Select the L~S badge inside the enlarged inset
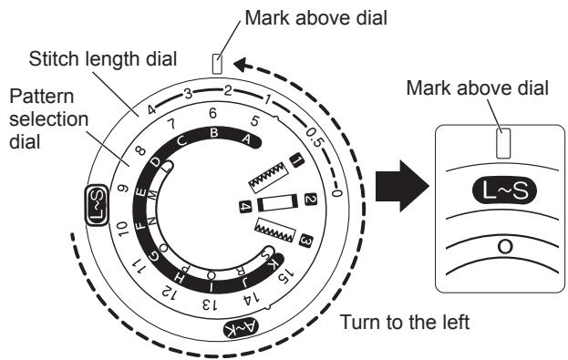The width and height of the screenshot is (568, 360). click(x=505, y=190)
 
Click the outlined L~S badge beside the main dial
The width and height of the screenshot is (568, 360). click(x=97, y=205)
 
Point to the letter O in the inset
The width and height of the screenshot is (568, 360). click(x=505, y=247)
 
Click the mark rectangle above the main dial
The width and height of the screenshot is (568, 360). click(x=217, y=64)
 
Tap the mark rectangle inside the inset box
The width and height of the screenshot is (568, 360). click(x=503, y=143)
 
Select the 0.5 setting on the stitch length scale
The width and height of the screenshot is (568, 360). click(x=314, y=138)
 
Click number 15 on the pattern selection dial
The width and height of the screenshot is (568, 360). click(x=284, y=276)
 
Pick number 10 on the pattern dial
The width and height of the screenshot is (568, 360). click(x=122, y=229)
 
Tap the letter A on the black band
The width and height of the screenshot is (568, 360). click(x=246, y=139)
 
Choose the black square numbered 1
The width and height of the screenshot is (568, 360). click(x=297, y=161)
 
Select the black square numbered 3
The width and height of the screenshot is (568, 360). click(x=305, y=241)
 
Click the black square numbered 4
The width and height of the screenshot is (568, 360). click(x=245, y=207)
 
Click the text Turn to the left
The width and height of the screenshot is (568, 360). click(x=405, y=322)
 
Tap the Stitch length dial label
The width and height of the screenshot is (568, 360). click(x=103, y=59)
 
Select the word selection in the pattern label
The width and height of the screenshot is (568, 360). click(x=49, y=119)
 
